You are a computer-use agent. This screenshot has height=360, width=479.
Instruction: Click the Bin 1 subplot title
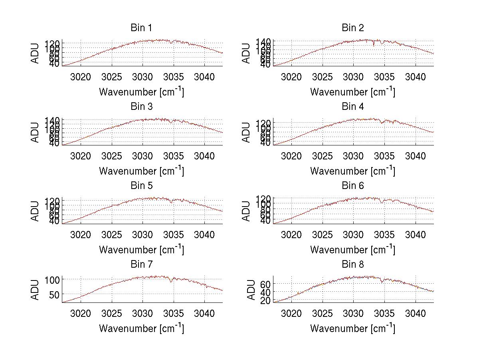141,28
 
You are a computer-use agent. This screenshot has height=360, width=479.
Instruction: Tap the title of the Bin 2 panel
353,28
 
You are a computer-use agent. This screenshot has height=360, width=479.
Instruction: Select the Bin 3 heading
141,107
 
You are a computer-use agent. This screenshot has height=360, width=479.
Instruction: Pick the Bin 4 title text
353,107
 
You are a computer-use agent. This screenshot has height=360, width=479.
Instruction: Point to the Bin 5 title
141,186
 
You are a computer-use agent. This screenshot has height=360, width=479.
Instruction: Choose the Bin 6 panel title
353,186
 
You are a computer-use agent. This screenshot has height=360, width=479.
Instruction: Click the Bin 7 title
141,265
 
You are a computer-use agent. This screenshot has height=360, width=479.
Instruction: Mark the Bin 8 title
353,265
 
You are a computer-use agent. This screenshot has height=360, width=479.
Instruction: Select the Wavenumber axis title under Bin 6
352,250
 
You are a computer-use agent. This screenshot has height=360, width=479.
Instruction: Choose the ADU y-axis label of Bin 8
251,290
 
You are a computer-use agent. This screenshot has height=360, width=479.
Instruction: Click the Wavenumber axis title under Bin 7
141,328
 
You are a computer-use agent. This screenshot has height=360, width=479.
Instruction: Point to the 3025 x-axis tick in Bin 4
323,155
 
